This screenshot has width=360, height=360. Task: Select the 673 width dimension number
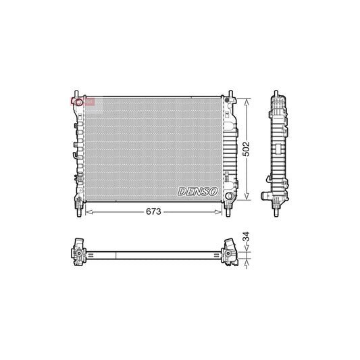coord(153,211)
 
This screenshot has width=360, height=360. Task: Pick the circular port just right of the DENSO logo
coord(228,196)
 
